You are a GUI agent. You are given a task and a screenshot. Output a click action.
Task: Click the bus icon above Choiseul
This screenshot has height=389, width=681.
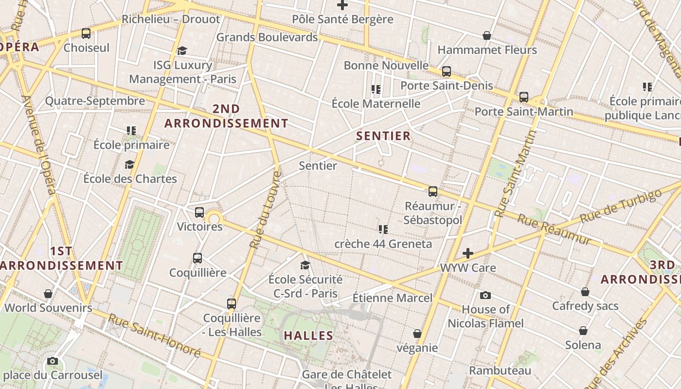[86, 34]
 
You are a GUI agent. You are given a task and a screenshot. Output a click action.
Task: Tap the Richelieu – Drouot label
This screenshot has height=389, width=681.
[171, 19]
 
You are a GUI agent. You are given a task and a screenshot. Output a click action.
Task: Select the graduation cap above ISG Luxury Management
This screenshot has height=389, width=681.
[182, 51]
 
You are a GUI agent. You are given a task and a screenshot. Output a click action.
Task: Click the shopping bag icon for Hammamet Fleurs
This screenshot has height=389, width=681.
[486, 35]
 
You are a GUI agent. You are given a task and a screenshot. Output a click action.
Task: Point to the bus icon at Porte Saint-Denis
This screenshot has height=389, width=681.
[447, 71]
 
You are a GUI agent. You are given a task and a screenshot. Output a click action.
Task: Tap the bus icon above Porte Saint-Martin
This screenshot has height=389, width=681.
[524, 97]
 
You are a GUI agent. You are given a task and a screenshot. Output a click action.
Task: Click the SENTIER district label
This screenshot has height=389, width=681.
[383, 136]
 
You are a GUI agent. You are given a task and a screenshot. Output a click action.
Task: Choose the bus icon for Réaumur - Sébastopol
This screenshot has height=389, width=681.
[433, 192]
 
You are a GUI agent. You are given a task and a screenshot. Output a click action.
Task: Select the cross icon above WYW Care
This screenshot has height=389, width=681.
[467, 253]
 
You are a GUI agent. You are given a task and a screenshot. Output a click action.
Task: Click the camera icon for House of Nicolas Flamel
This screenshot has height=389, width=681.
[485, 295]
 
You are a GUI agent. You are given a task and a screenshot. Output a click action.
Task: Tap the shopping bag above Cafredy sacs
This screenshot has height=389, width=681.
[585, 292]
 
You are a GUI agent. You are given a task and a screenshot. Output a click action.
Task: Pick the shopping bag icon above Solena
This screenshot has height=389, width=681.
[583, 331]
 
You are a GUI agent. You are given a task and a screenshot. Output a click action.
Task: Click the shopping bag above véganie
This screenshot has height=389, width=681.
[417, 334]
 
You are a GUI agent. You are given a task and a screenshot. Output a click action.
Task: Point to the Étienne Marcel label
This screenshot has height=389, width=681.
[392, 298]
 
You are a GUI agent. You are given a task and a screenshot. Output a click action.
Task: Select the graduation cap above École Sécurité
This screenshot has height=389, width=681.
[305, 265]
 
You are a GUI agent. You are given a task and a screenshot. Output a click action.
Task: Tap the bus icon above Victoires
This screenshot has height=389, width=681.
[199, 212]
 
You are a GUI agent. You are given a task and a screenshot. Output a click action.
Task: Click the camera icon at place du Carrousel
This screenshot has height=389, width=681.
[53, 361]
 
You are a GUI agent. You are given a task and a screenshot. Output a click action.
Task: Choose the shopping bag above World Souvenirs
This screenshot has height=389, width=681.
[48, 294]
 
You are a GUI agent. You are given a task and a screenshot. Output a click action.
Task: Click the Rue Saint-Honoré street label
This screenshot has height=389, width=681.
[154, 336]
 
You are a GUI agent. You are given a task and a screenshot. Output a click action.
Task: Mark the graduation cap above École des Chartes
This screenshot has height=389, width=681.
[129, 165]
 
